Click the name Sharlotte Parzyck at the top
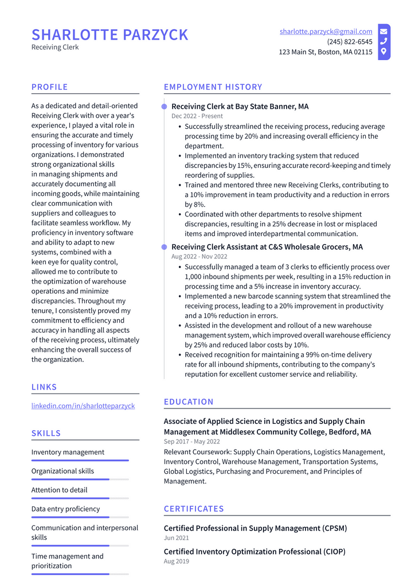pos(109,35)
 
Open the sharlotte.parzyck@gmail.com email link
pos(326,32)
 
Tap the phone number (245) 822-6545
pos(349,42)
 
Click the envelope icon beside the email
pos(383,32)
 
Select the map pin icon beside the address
pos(383,52)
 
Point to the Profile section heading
pos(49,87)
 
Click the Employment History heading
pos(213,87)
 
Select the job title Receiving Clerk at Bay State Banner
pos(240,107)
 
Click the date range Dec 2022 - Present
pos(197,116)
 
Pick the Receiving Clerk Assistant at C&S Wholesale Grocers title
pos(267,247)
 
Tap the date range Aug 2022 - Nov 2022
pos(199,257)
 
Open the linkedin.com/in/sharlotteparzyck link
pos(83,406)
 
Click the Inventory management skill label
pos(68,452)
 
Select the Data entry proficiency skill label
pos(65,509)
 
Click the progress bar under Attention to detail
pos(80,498)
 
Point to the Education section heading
pos(189,402)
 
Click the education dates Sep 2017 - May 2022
pos(191,442)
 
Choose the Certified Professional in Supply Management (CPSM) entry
pos(255,528)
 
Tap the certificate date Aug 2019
pos(176,561)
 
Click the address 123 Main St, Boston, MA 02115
pos(325,52)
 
